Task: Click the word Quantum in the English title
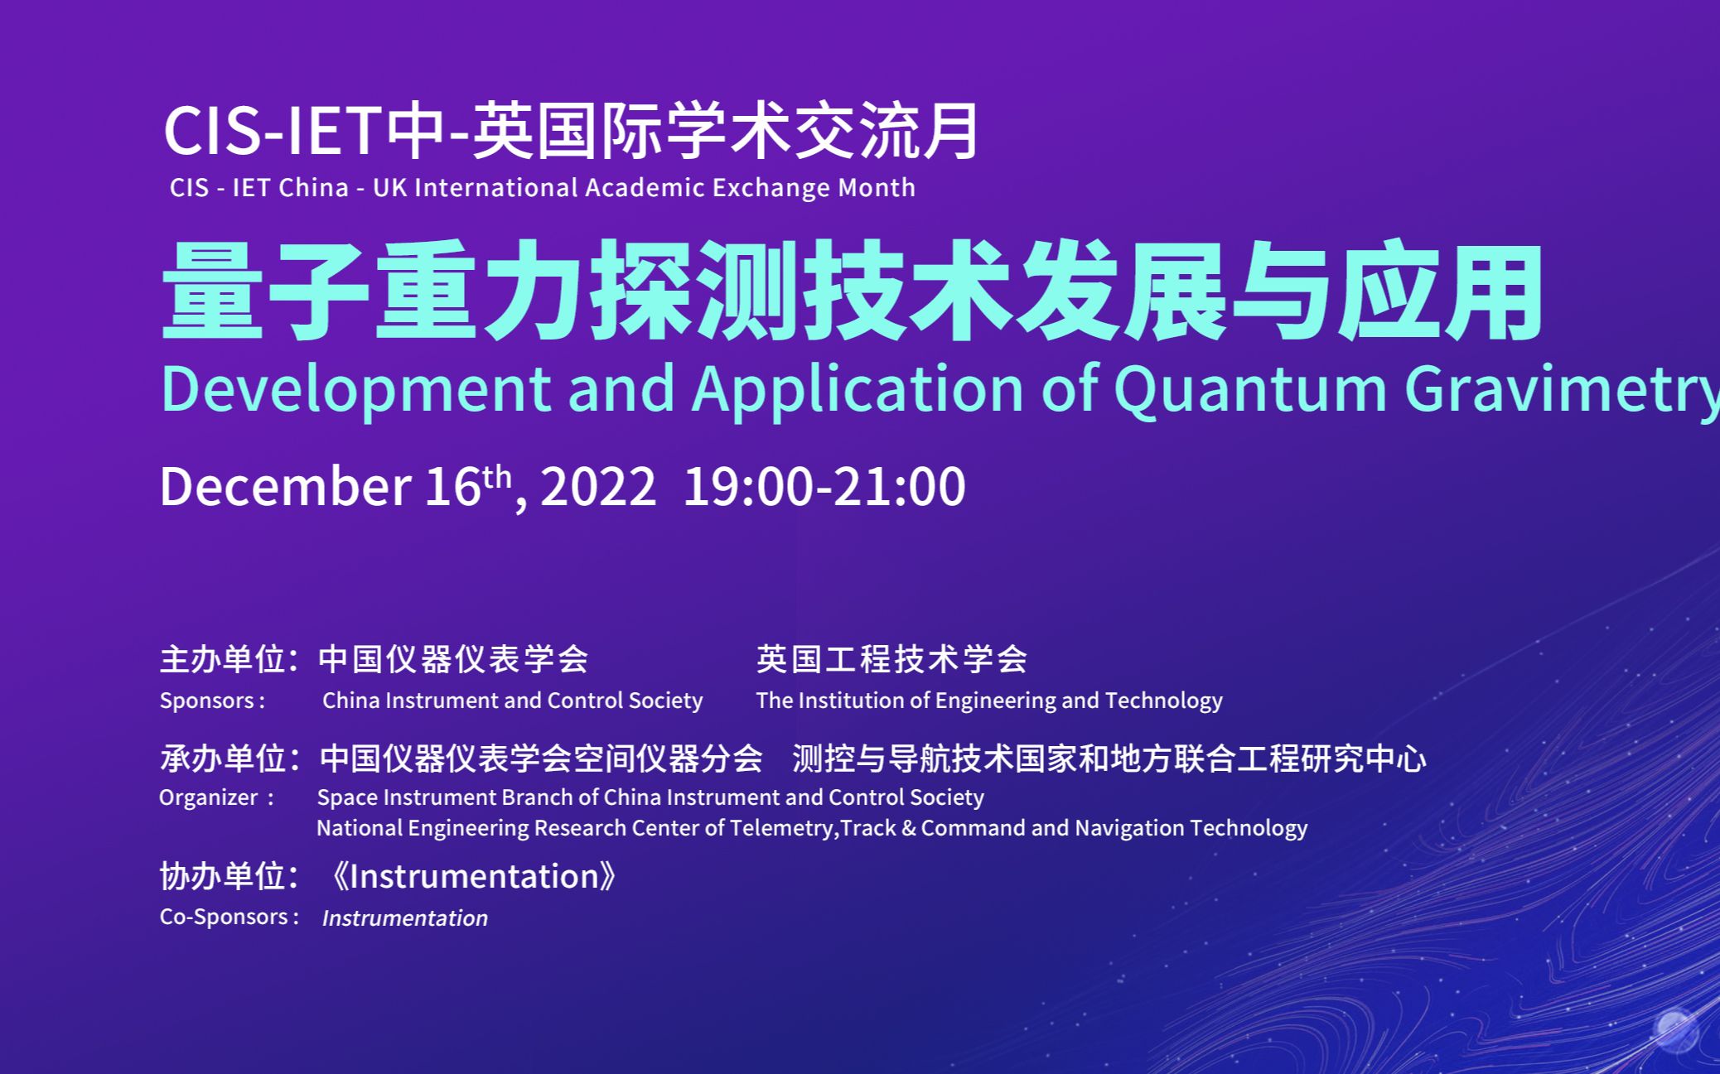pyautogui.click(x=1250, y=388)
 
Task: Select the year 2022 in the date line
pyautogui.click(x=598, y=486)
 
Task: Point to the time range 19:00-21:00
pyautogui.click(x=825, y=486)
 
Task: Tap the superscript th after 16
pyautogui.click(x=497, y=477)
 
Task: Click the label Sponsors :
pyautogui.click(x=213, y=701)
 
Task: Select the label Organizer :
pyautogui.click(x=216, y=797)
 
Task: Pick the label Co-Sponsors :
pyautogui.click(x=229, y=917)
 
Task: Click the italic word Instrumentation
pyautogui.click(x=405, y=917)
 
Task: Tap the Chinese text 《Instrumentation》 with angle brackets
pyautogui.click(x=472, y=876)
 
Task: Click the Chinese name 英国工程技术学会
pyautogui.click(x=891, y=659)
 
